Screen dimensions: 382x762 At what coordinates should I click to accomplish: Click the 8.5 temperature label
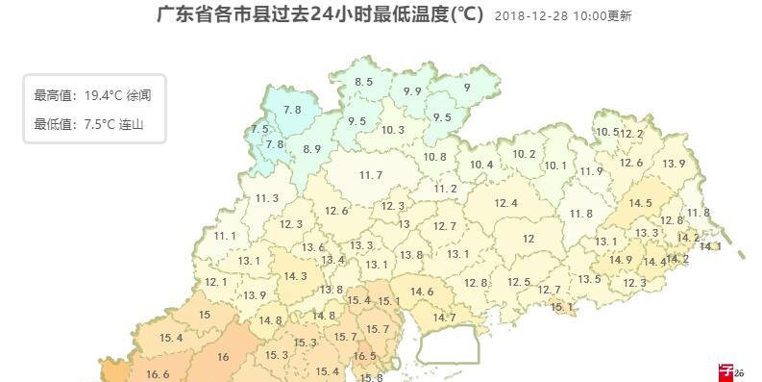[x=363, y=82]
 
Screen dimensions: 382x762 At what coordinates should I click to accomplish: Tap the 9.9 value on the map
[x=412, y=90]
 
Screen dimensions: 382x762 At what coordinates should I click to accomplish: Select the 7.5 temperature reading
[x=259, y=129]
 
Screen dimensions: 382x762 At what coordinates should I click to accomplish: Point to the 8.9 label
[x=311, y=148]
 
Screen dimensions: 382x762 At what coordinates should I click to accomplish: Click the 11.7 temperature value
[x=370, y=174]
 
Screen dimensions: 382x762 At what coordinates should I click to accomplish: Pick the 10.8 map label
[x=434, y=156]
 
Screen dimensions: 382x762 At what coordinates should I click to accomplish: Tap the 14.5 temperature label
[x=640, y=203]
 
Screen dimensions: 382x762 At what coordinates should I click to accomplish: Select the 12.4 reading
[x=505, y=203]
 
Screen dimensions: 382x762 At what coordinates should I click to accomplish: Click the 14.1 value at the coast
[x=709, y=246]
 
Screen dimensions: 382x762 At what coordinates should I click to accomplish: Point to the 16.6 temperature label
[x=158, y=374]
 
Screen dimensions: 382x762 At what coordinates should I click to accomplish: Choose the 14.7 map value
[x=444, y=318]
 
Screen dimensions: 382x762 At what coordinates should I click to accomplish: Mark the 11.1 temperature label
[x=225, y=236]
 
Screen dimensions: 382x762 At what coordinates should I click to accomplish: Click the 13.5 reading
[x=589, y=279]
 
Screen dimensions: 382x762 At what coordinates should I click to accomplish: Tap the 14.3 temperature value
[x=295, y=276]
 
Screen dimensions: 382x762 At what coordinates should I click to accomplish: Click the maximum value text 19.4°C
[x=103, y=95]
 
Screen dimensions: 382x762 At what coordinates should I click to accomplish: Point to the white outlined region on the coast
[x=447, y=344]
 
